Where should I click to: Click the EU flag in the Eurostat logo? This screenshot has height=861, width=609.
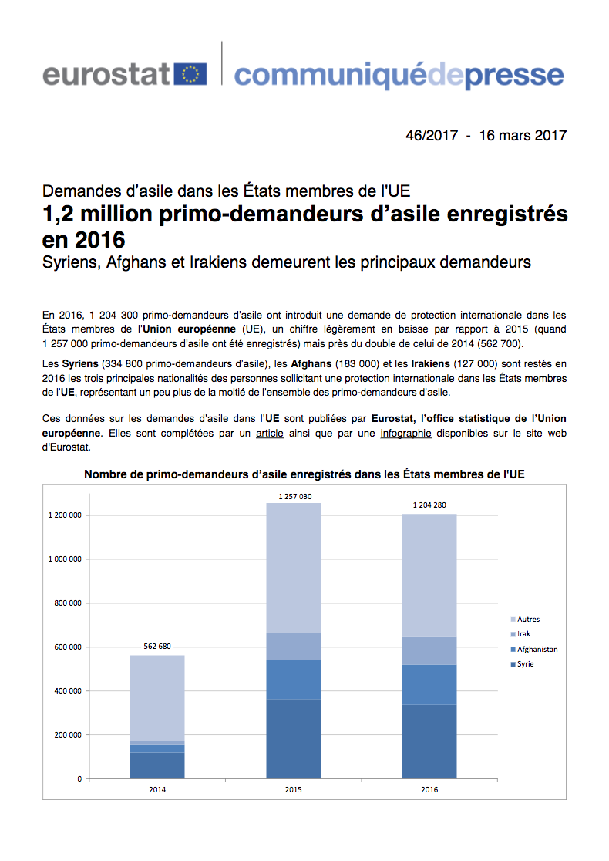tap(190, 74)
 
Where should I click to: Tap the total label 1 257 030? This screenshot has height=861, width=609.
tap(294, 496)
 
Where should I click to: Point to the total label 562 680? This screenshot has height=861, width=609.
tap(157, 647)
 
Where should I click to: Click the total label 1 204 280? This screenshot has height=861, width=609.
tap(430, 506)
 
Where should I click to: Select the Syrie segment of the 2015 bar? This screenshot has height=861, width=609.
tap(294, 738)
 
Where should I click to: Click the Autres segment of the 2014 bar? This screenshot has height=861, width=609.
tap(157, 698)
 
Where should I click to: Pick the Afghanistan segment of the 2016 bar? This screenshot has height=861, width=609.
tap(430, 684)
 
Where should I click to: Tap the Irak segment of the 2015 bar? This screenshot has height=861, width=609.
tap(294, 647)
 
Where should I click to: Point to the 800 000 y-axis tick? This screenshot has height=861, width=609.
tap(66, 603)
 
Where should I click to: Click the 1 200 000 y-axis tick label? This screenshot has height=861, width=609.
tap(64, 515)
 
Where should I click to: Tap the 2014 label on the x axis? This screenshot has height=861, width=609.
tap(157, 790)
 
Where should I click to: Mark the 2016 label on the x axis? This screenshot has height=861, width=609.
tap(430, 790)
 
